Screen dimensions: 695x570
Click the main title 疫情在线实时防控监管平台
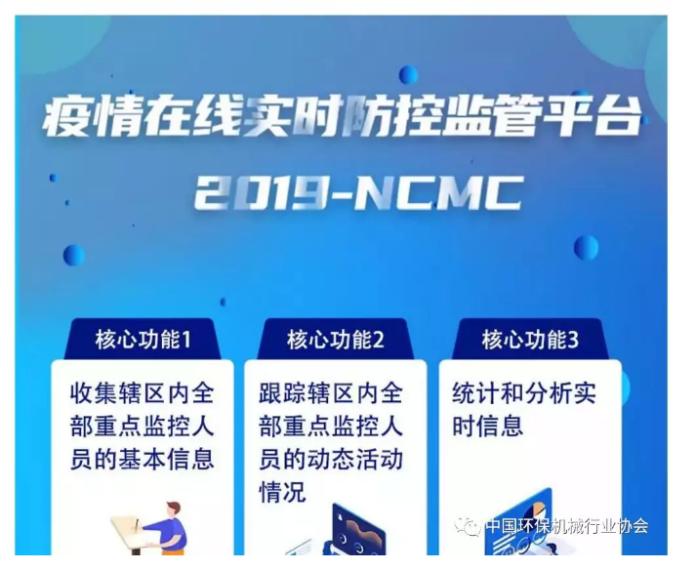coord(342,116)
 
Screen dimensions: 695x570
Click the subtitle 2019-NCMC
coord(358,193)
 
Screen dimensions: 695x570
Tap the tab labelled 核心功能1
coord(143,340)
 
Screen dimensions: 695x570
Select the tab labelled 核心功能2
coord(335,340)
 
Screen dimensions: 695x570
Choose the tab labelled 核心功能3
coord(530,340)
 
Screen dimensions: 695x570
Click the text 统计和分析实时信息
coord(524,409)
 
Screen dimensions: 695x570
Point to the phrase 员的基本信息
coord(143,459)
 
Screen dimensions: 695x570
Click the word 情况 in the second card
coord(282,491)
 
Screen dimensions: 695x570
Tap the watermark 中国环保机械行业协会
coord(567,526)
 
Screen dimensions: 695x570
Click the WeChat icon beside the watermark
coord(468,526)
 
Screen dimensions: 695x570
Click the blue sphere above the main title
coord(408,75)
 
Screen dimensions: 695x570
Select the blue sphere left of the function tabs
coord(74,255)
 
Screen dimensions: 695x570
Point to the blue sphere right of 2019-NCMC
coord(586,247)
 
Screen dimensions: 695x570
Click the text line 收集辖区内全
coord(143,393)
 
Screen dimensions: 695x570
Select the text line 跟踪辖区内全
coord(331,393)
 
